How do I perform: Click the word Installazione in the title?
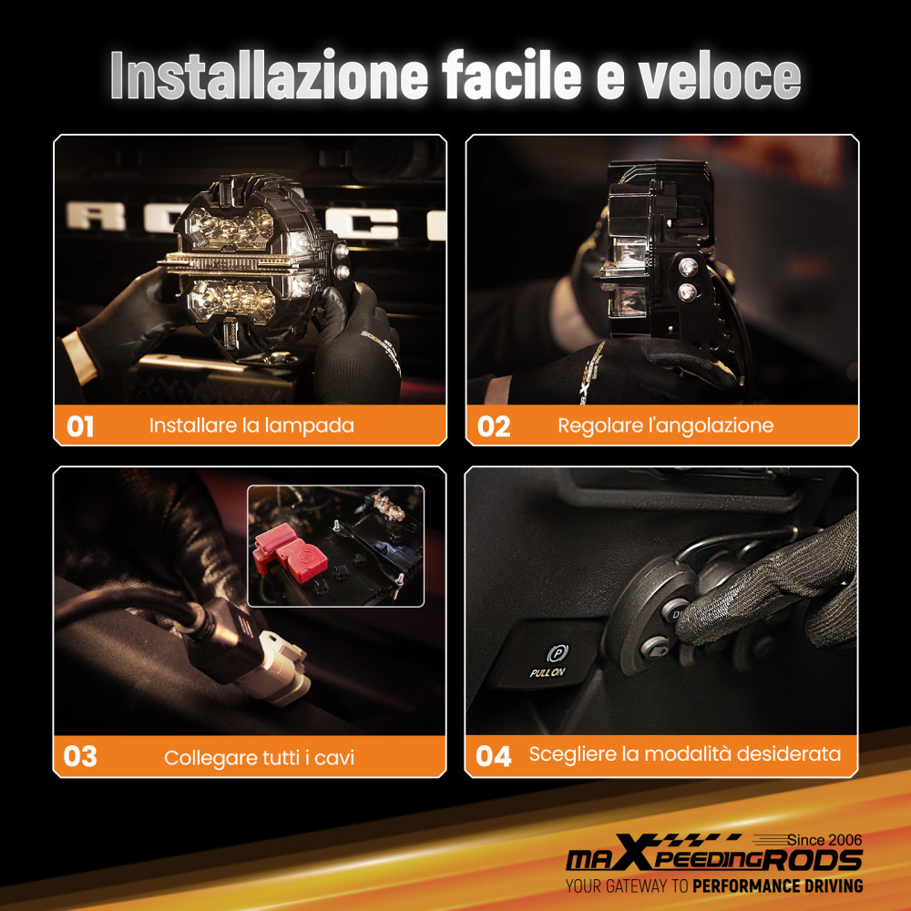[x=269, y=76]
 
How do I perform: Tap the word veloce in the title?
[x=720, y=76]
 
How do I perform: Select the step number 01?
[x=80, y=426]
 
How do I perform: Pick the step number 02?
[x=493, y=426]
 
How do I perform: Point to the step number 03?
[x=80, y=756]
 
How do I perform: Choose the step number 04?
[x=493, y=756]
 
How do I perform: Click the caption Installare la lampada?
[x=251, y=425]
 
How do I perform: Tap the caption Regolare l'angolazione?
[x=665, y=425]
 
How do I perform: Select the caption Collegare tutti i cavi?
[x=259, y=758]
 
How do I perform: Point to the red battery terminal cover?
[x=290, y=553]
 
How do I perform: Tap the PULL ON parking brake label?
[x=547, y=673]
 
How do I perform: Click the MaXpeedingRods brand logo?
[x=714, y=855]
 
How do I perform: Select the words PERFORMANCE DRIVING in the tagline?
[x=777, y=886]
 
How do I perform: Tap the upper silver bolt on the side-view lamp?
[x=688, y=267]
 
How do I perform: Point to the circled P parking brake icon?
[x=557, y=654]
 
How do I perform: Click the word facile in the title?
[x=512, y=76]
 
